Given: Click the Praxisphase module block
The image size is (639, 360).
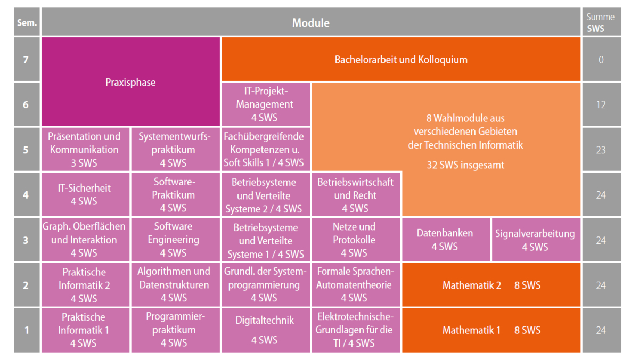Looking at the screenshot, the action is (x=130, y=81).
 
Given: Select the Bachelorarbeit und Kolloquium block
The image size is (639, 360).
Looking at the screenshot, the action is (x=401, y=59).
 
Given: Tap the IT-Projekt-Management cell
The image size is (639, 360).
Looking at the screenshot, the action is (x=266, y=104).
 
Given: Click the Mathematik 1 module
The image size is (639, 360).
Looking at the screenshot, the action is (x=491, y=330).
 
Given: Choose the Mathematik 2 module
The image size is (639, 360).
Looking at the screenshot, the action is (x=491, y=285).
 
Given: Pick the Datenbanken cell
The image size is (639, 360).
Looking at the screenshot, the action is (x=446, y=240).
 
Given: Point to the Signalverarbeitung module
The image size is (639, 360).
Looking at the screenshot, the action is (x=536, y=240).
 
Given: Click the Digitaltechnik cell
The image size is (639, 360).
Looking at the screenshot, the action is (x=266, y=330).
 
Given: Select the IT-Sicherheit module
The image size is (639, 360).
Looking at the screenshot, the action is (x=85, y=194).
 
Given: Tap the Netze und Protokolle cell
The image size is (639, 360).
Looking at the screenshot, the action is (x=356, y=240).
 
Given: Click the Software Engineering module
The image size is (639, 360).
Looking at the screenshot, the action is (x=175, y=240).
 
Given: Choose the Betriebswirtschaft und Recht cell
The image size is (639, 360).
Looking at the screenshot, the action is (x=356, y=194).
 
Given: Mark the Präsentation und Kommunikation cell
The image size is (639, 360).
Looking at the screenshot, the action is (x=85, y=149).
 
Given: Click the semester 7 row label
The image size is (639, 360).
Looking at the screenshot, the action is (x=27, y=59).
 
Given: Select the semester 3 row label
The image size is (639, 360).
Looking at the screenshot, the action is (x=27, y=240).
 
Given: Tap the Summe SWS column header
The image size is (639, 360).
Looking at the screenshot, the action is (x=601, y=22).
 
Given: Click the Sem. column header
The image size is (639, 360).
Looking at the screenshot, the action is (x=27, y=22).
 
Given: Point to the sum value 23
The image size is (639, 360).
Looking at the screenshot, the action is (x=601, y=150).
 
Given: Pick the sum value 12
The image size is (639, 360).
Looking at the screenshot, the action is (x=601, y=104).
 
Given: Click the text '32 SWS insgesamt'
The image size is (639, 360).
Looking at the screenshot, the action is (x=465, y=165).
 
